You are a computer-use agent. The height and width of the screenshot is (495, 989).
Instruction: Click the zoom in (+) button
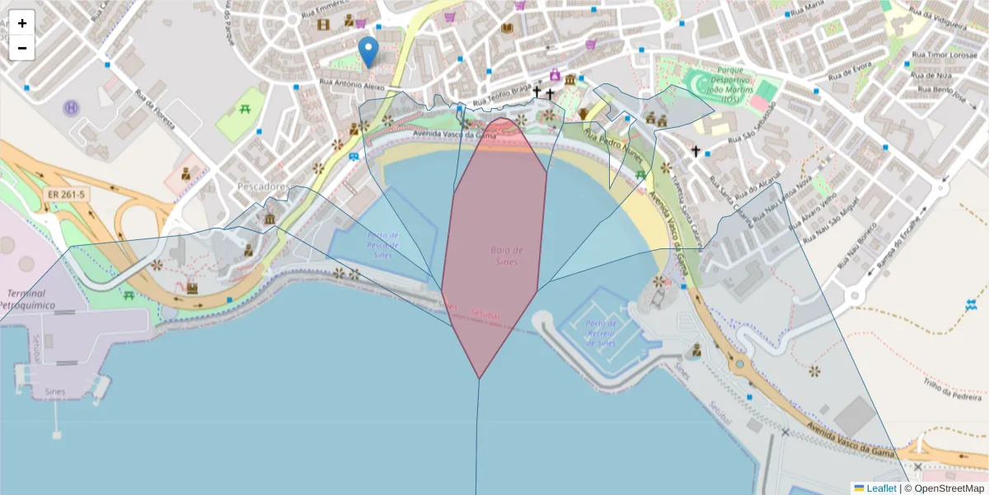(22, 23)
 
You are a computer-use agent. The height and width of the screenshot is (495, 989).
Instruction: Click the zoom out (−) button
(22, 48)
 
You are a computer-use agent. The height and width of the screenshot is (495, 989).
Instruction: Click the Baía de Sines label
(508, 256)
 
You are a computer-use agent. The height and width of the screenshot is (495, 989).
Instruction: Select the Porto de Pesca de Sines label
(382, 246)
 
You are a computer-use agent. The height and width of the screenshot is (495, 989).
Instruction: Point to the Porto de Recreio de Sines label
(601, 332)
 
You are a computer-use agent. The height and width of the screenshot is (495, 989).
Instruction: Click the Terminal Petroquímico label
(30, 299)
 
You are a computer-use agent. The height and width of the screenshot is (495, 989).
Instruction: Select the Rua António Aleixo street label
(352, 85)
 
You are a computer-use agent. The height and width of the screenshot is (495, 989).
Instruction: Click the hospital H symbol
(72, 107)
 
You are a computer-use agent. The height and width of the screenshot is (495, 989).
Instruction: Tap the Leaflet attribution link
(881, 488)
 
